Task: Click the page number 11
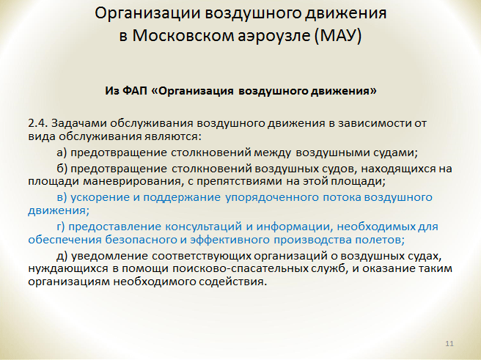(449, 343)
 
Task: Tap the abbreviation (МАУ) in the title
(338, 35)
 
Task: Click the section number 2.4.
(37, 123)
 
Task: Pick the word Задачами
(78, 123)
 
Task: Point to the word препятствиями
(239, 182)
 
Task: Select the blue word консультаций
(204, 227)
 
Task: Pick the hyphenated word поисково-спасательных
(240, 268)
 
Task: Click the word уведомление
(110, 256)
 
